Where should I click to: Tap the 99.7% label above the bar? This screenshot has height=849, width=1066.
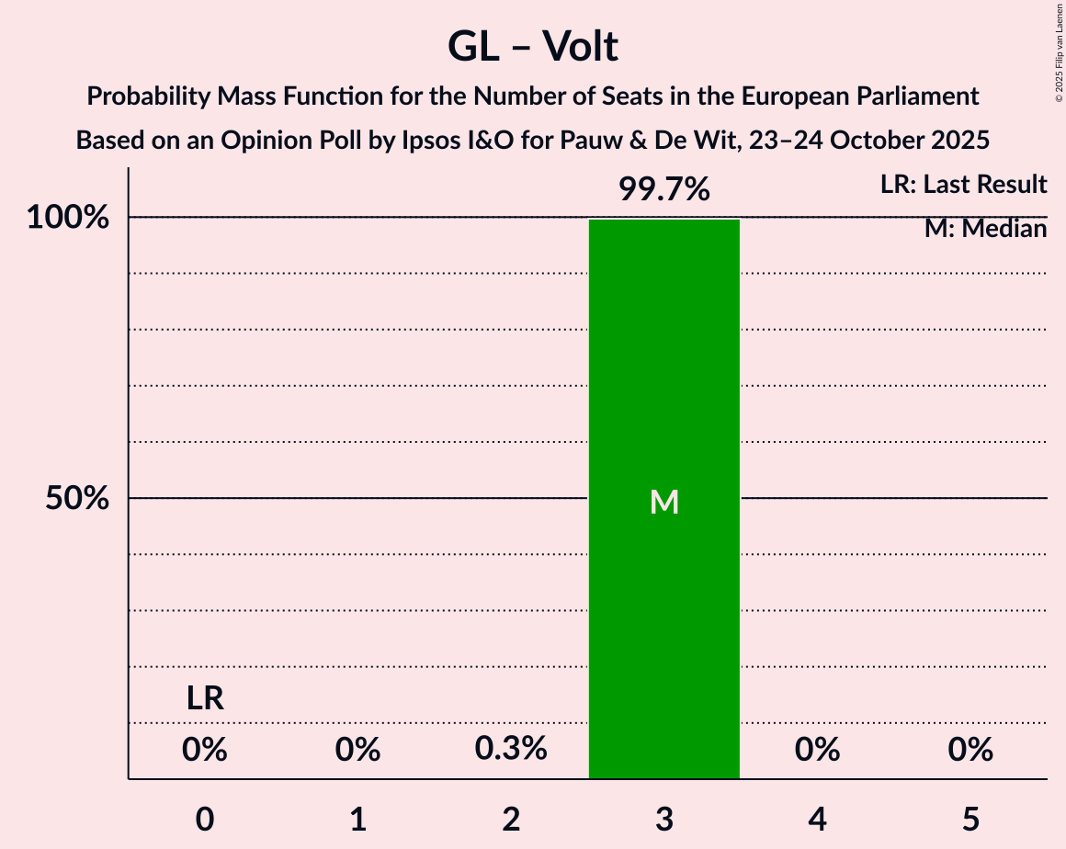pos(663,189)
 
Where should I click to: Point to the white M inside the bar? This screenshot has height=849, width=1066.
pos(663,502)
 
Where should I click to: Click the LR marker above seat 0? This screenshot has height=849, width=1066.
pos(205,699)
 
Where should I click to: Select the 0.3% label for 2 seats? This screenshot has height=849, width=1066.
pos(511,750)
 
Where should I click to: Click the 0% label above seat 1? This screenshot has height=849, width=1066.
pos(357,750)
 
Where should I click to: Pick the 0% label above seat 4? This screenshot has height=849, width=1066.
pos(817,750)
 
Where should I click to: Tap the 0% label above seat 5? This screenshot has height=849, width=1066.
pos(970,750)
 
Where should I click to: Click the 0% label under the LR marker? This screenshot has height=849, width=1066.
pos(205,750)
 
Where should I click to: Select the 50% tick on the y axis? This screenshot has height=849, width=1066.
pos(77,498)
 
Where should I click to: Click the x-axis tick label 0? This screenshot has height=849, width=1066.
pos(205,819)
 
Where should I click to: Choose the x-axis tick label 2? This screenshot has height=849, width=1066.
pos(511,819)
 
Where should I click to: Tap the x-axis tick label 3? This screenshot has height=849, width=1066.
pos(663,819)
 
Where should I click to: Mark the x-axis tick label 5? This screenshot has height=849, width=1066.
pos(970,819)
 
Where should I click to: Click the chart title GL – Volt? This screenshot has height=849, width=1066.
pos(533,46)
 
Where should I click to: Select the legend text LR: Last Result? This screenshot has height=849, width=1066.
pos(963,185)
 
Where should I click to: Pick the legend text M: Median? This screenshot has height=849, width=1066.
pos(985,229)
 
